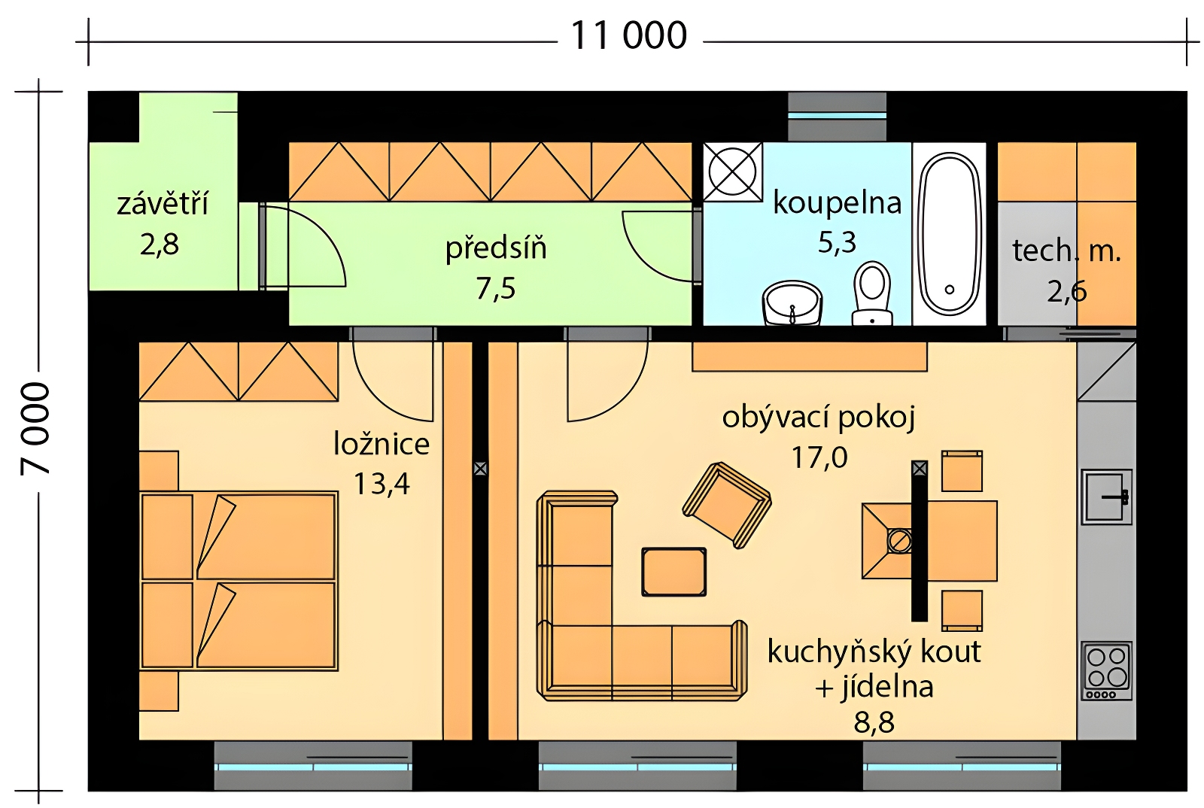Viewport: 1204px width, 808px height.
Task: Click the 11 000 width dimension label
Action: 628,36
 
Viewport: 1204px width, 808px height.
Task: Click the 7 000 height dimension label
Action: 35,429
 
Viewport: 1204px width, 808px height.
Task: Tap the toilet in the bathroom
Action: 872,294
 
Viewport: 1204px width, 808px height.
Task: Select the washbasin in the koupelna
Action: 792,303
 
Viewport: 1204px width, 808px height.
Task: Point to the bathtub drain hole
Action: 949,290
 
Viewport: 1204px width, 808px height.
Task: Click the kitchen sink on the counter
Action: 1107,497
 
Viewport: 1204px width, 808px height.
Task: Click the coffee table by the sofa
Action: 674,573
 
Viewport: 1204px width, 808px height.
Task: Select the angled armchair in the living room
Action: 727,505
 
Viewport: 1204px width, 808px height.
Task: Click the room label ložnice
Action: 382,445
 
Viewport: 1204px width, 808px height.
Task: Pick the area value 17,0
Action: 819,457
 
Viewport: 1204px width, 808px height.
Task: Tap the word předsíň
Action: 496,249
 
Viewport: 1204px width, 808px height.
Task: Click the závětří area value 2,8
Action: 160,245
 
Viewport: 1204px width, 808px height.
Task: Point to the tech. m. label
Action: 1067,251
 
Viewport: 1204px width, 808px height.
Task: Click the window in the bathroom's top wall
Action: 837,116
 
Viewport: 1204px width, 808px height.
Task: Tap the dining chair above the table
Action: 962,471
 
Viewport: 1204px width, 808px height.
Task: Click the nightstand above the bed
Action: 159,471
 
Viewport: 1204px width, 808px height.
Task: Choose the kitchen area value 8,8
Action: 874,722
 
